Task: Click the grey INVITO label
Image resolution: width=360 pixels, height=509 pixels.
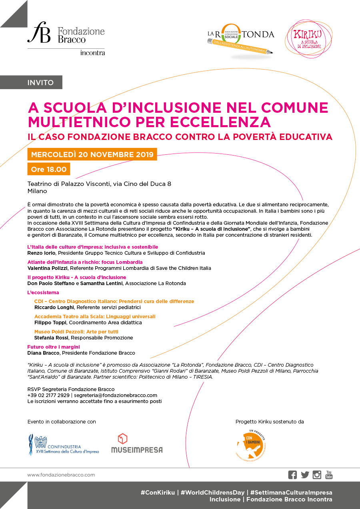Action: [x=40, y=83]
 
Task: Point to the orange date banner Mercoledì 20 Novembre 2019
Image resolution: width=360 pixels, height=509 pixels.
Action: [x=92, y=154]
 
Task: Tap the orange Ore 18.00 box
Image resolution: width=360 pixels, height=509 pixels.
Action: [x=48, y=169]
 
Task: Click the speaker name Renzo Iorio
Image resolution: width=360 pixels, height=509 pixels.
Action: [x=40, y=253]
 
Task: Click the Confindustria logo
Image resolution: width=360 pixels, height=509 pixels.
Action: [x=63, y=444]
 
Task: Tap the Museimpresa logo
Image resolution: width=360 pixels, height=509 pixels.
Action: [x=137, y=443]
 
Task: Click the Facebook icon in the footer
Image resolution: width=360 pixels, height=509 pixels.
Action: [x=292, y=475]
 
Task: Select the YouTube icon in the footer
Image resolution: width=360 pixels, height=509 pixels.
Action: [x=329, y=475]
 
